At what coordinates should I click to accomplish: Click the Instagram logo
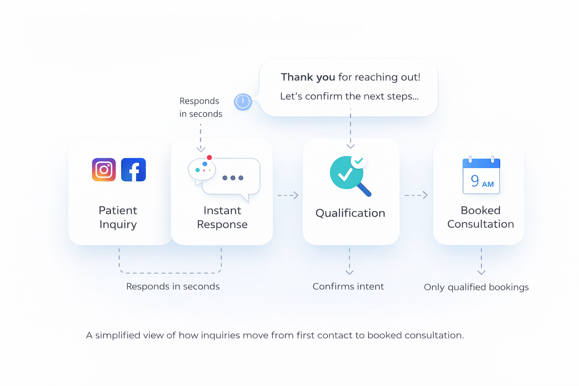[104, 170]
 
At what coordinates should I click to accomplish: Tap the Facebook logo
[133, 170]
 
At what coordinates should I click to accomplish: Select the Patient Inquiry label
[118, 217]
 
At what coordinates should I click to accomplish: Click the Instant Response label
[222, 217]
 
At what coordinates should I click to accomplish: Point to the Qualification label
[350, 213]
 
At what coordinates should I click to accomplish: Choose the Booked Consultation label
[481, 217]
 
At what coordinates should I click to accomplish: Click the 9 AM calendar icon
[481, 176]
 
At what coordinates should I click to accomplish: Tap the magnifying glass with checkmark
[348, 176]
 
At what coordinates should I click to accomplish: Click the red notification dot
[209, 158]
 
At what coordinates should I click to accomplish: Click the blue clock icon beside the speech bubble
[243, 102]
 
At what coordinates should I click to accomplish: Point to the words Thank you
[308, 77]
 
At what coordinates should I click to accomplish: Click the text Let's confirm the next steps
[349, 96]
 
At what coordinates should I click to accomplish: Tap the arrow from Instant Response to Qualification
[288, 195]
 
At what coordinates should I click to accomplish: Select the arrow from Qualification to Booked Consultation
[416, 195]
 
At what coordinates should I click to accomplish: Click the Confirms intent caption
[348, 286]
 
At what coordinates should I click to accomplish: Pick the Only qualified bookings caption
[476, 287]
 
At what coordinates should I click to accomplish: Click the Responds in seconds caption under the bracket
[173, 286]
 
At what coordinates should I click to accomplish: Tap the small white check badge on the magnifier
[359, 161]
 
